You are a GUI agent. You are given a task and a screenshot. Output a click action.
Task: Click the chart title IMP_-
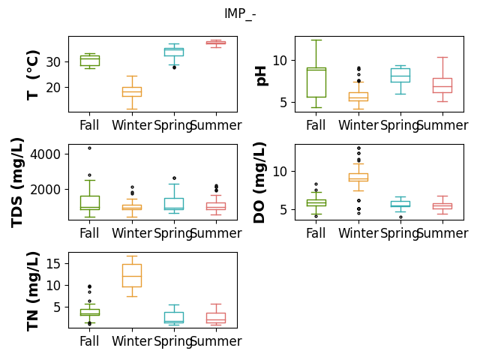pos(240,13)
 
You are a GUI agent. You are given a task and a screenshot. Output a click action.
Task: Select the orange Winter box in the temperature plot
pos(132,91)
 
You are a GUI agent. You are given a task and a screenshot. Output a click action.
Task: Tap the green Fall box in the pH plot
pos(316,82)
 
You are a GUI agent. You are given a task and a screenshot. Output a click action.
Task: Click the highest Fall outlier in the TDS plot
pos(90,148)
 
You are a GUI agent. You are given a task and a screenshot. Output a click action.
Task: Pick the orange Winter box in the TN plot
pos(132,275)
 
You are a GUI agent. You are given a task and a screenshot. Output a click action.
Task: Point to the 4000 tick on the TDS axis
pos(45,154)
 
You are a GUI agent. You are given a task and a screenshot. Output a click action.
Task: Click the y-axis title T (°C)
pos(33,75)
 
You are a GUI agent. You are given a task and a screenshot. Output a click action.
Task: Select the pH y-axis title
pos(261,76)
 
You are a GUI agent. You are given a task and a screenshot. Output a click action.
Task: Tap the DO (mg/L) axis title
pos(259,182)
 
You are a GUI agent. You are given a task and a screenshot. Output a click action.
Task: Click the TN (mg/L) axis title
pos(33,292)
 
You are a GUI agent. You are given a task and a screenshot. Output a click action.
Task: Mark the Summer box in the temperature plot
pos(216,43)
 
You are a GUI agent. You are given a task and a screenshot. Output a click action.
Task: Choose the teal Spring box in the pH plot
pos(400,75)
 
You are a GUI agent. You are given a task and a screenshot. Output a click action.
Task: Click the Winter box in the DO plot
pos(358,177)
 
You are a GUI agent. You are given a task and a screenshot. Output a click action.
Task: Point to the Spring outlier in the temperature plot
pos(174,67)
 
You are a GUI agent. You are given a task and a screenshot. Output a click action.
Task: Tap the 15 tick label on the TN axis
pos(53,263)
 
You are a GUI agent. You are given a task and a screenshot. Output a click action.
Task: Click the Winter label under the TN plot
pos(132,341)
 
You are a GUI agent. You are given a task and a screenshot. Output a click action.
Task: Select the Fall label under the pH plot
pos(316,125)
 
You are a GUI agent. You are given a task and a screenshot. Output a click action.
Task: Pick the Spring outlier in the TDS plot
pos(174,178)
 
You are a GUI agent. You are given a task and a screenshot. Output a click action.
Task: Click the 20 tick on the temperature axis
pos(53,88)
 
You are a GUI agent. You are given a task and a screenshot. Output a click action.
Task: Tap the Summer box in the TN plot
pos(216,318)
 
